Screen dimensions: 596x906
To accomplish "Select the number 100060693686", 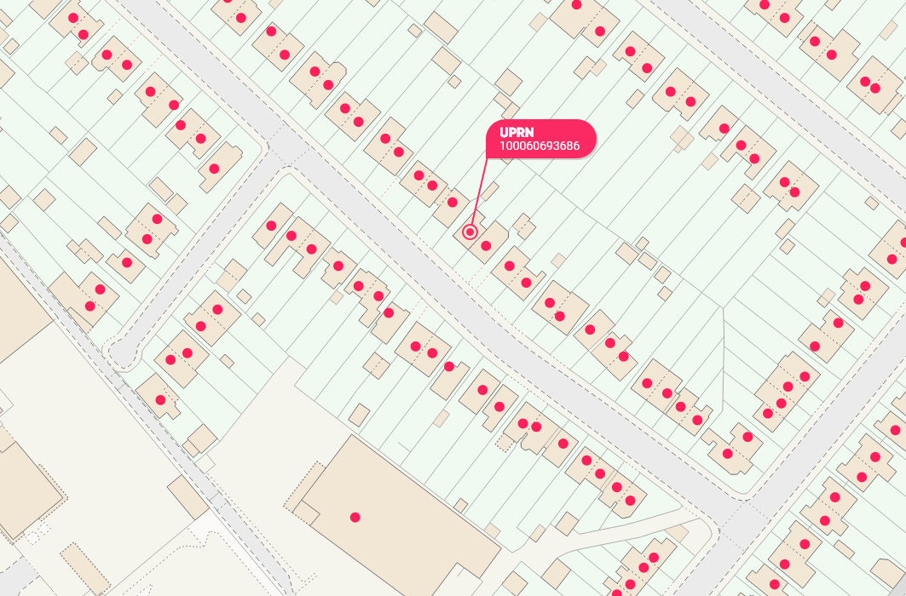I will click(x=540, y=146).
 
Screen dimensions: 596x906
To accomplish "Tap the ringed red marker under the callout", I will click(x=470, y=232).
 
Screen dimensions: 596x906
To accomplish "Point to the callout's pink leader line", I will click(x=479, y=192).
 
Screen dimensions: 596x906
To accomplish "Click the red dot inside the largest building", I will click(x=355, y=517).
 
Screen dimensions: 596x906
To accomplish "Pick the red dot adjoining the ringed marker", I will click(x=486, y=246).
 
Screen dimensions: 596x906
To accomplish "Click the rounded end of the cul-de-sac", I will click(x=120, y=352).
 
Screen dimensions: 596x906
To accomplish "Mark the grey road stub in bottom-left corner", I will click(x=17, y=579).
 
